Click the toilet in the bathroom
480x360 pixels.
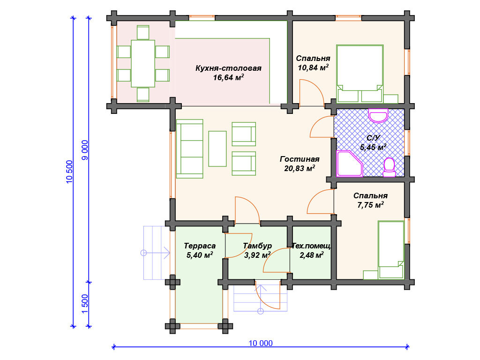pyautogui.click(x=390, y=167)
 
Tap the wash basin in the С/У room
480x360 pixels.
pyautogui.click(x=378, y=115)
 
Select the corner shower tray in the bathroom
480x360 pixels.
pyautogui.click(x=349, y=164)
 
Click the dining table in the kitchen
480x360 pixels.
pyautogui.click(x=143, y=64)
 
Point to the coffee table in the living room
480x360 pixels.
pyautogui.click(x=217, y=149)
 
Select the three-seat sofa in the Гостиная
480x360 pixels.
pyautogui.click(x=190, y=149)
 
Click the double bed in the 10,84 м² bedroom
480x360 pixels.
pyautogui.click(x=360, y=74)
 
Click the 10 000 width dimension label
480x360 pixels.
pyautogui.click(x=261, y=343)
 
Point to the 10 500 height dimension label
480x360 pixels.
pyautogui.click(x=69, y=172)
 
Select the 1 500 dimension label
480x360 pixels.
pyautogui.click(x=85, y=304)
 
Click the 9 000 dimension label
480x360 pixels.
pyautogui.click(x=85, y=150)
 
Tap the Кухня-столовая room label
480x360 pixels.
pyautogui.click(x=228, y=68)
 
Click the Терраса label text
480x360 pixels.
pyautogui.click(x=200, y=246)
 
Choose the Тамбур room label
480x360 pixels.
pyautogui.click(x=257, y=246)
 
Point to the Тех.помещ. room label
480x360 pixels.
pyautogui.click(x=311, y=246)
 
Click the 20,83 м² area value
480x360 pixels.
pyautogui.click(x=300, y=168)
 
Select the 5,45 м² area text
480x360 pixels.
pyautogui.click(x=373, y=147)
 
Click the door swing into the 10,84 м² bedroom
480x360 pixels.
pyautogui.click(x=312, y=93)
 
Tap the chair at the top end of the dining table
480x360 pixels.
pyautogui.click(x=143, y=32)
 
